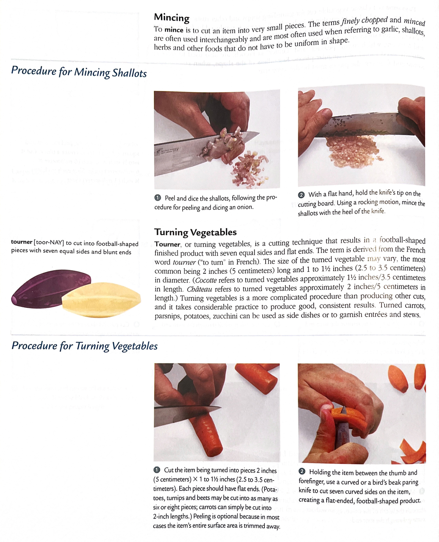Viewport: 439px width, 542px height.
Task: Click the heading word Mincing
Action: [172, 18]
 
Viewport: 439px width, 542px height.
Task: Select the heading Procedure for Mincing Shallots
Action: [79, 72]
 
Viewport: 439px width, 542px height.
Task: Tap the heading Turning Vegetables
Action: [195, 232]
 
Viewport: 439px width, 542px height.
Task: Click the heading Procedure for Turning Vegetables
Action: [85, 346]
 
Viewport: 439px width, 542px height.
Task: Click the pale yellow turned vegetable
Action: [101, 300]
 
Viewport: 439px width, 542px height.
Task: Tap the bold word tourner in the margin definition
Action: [22, 242]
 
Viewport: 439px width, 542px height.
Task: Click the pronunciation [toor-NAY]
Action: [49, 243]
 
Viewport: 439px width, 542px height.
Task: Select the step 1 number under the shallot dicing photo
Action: [158, 198]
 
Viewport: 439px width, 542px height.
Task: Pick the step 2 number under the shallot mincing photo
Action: [301, 195]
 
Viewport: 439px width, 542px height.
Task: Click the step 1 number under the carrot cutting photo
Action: [157, 470]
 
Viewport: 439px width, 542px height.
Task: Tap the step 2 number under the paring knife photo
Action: [302, 471]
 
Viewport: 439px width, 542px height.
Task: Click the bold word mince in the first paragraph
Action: [174, 30]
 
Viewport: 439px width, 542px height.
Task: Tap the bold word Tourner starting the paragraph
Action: [167, 244]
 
